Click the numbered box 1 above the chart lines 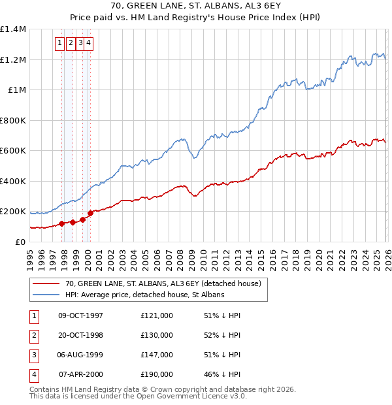click(59, 44)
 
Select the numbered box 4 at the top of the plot click(88, 44)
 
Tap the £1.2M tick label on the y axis click(12, 59)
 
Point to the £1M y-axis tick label click(16, 89)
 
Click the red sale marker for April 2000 click(90, 213)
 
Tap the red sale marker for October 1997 click(62, 223)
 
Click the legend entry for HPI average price click(144, 295)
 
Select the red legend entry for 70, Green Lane click(163, 283)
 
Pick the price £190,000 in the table click(156, 374)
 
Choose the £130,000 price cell click(156, 335)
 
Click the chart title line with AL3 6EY click(196, 8)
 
